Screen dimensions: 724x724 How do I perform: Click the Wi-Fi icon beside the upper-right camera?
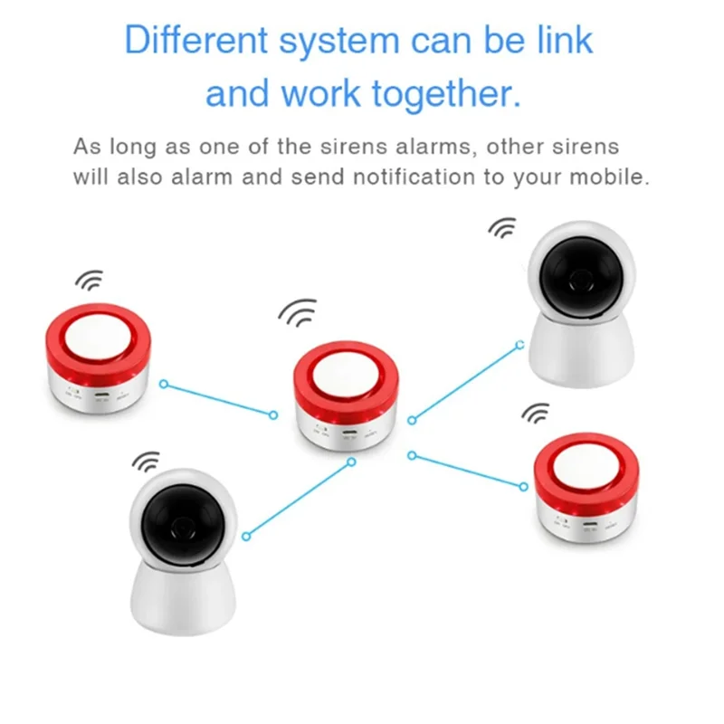[x=502, y=228]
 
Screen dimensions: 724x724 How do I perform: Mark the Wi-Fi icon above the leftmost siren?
[x=89, y=280]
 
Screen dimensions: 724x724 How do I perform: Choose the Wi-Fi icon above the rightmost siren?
[x=536, y=414]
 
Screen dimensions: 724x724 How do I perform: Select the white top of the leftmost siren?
[x=98, y=332]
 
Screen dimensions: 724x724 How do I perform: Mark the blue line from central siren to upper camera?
[x=465, y=381]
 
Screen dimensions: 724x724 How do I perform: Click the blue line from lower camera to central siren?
[x=297, y=496]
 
